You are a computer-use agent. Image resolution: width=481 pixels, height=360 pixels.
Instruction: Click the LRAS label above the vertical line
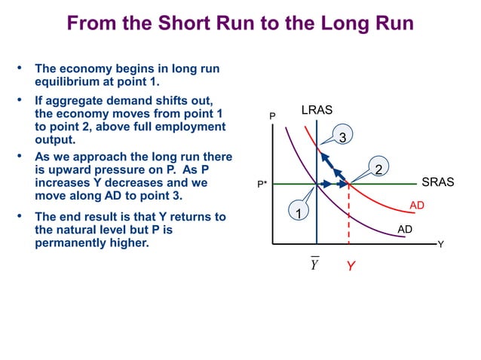tap(317, 110)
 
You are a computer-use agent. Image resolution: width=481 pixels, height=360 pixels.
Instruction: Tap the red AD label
tap(416, 205)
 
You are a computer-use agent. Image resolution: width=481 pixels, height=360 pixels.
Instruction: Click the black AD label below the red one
tap(405, 227)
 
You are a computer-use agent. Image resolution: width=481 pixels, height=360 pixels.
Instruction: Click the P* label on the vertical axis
tap(262, 185)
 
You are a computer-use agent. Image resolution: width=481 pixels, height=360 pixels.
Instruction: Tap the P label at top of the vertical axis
tap(273, 117)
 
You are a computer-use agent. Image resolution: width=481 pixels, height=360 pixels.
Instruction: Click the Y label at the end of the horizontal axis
tap(441, 245)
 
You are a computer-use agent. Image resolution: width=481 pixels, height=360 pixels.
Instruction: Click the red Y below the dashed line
tap(351, 267)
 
